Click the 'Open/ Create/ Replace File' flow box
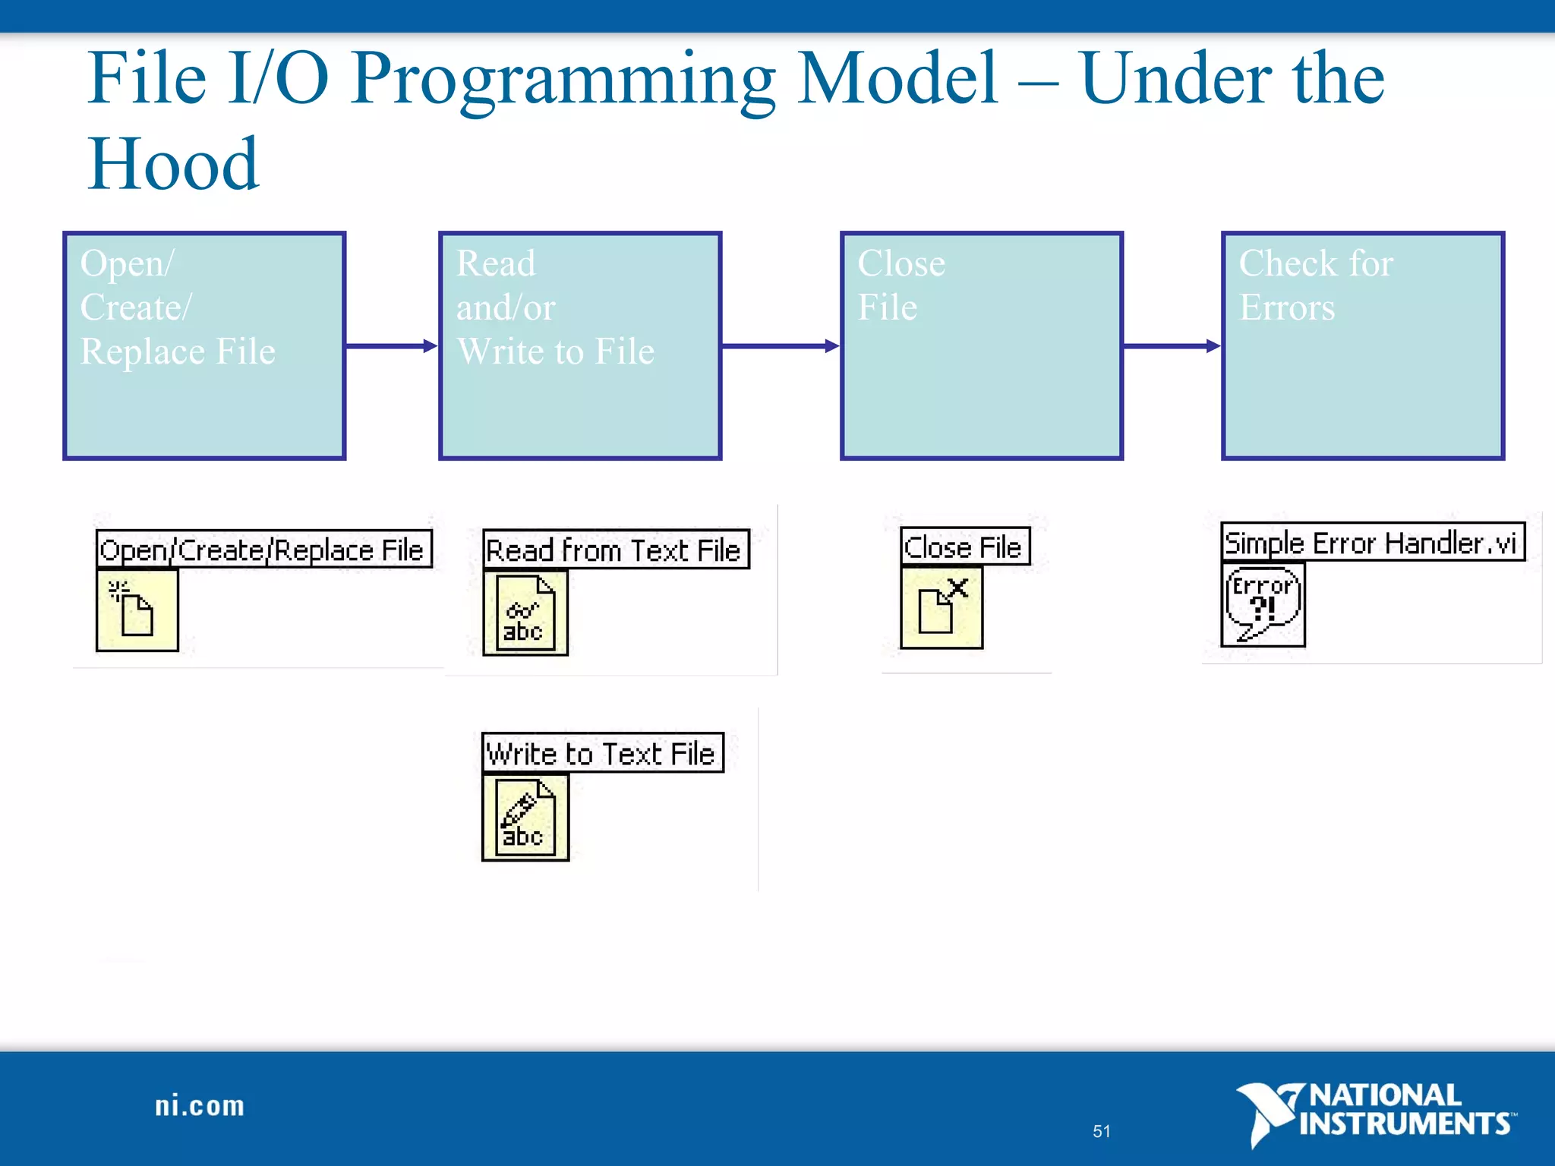click(204, 345)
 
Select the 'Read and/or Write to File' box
click(580, 345)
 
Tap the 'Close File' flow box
click(981, 345)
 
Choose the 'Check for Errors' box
click(1362, 345)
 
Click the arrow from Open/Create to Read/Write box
click(392, 346)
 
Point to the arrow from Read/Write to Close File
click(781, 346)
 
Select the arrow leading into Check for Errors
click(1172, 346)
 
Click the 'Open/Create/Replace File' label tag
click(263, 549)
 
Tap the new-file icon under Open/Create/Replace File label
click(137, 610)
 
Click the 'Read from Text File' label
click(616, 550)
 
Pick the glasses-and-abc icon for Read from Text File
click(525, 613)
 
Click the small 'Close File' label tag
click(965, 547)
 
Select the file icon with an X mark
click(942, 607)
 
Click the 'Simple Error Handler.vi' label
click(1372, 542)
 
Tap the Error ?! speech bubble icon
click(1263, 604)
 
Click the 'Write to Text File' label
click(603, 753)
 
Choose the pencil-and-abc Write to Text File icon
click(525, 818)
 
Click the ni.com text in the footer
click(200, 1106)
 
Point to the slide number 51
click(1101, 1131)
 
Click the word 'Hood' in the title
click(173, 164)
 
